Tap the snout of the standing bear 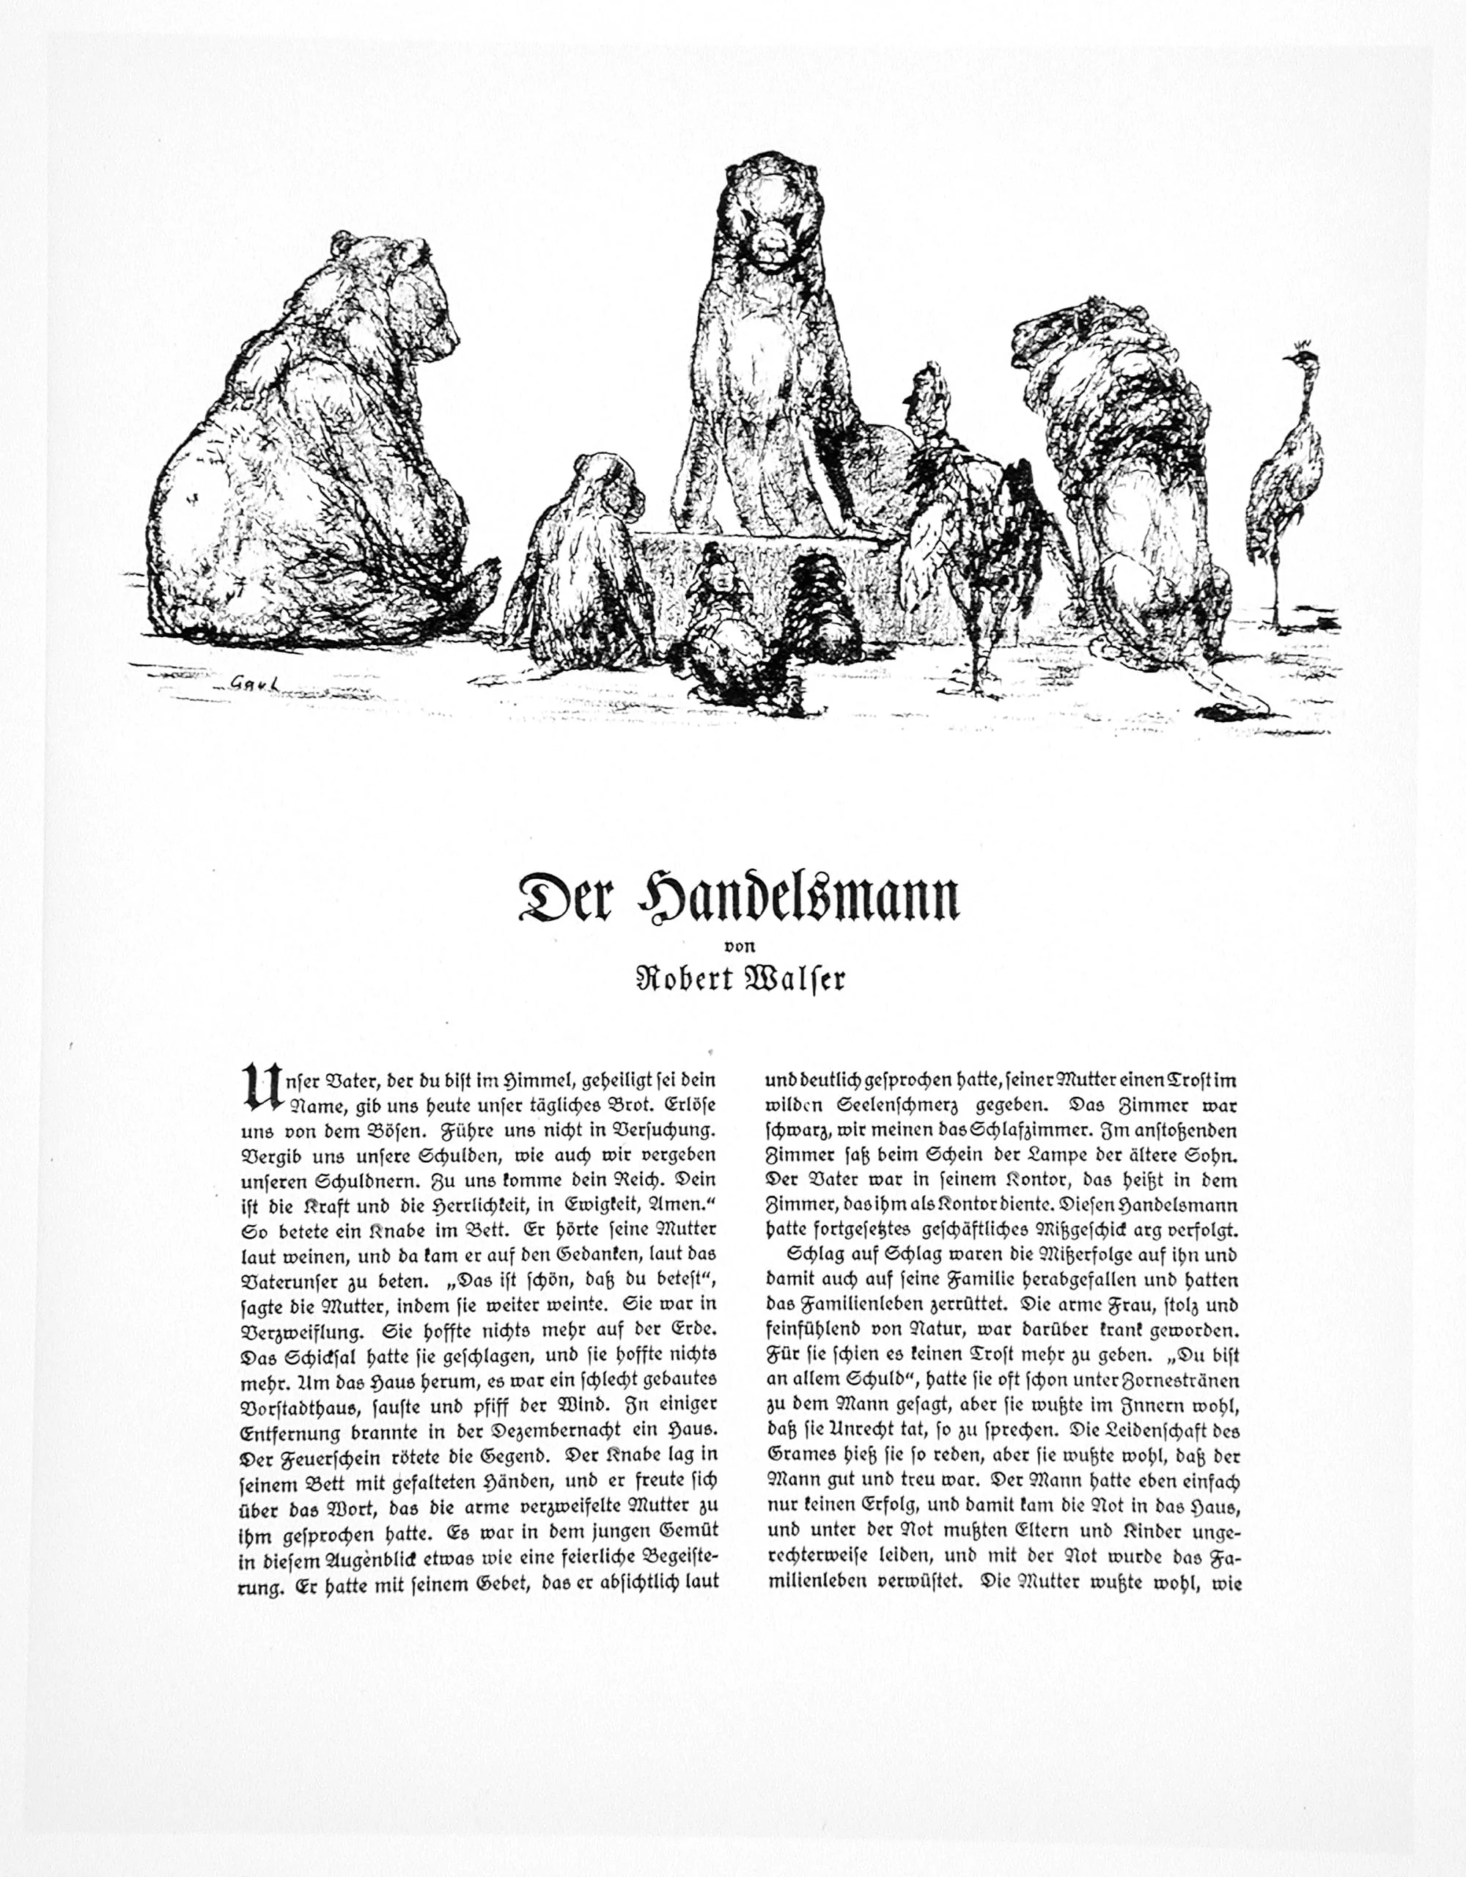coord(770,249)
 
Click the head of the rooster coord(924,391)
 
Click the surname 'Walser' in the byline coord(794,978)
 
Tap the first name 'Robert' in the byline coord(684,978)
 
